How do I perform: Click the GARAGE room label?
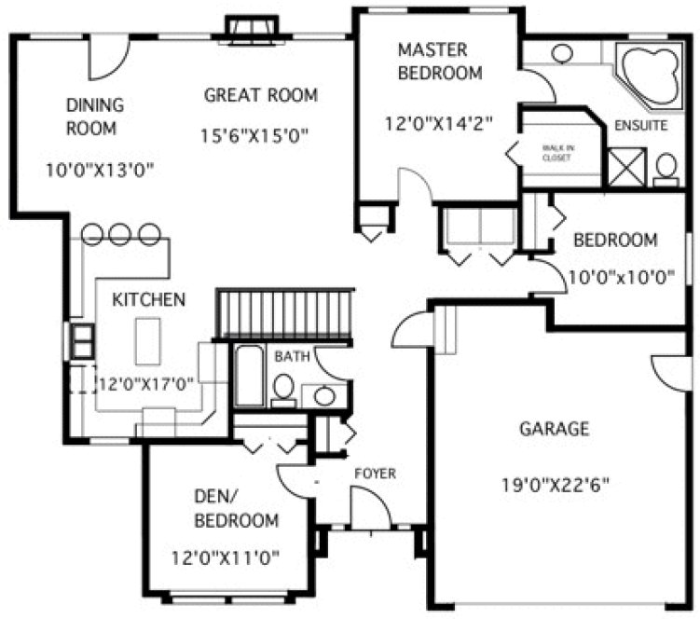tap(554, 429)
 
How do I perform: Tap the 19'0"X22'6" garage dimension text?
tap(554, 485)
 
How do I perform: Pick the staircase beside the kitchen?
tap(286, 314)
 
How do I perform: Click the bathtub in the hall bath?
tap(248, 376)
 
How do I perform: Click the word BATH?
tap(292, 355)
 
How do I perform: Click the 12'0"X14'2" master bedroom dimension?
tap(438, 121)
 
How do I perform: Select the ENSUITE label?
tap(640, 126)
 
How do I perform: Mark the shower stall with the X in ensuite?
tap(626, 166)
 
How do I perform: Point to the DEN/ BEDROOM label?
tap(235, 508)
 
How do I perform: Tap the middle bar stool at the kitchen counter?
tap(120, 234)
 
